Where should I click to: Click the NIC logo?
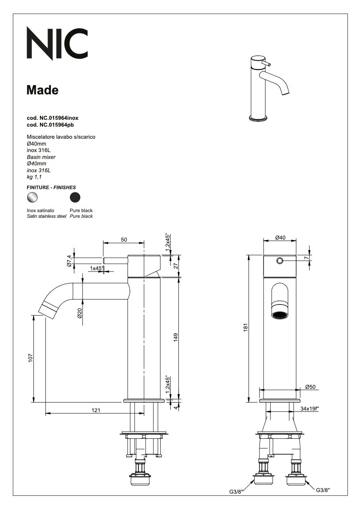pyautogui.click(x=57, y=42)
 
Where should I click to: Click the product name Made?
pyautogui.click(x=42, y=90)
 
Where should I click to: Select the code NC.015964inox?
pyautogui.click(x=52, y=118)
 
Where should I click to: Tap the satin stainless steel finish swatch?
pyautogui.click(x=32, y=197)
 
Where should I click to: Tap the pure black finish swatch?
pyautogui.click(x=75, y=197)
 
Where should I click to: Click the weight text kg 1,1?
pyautogui.click(x=34, y=177)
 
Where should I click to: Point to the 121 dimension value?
pyautogui.click(x=96, y=410)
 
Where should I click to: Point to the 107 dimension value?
pyautogui.click(x=30, y=358)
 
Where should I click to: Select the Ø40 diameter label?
pyautogui.click(x=280, y=238)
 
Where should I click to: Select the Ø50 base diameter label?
pyautogui.click(x=310, y=387)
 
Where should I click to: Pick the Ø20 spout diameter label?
pyautogui.click(x=80, y=313)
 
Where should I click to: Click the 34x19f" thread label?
pyautogui.click(x=310, y=409)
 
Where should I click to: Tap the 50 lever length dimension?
pyautogui.click(x=124, y=240)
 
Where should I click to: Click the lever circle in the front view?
pyautogui.click(x=280, y=261)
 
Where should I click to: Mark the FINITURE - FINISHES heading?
pyautogui.click(x=51, y=188)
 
